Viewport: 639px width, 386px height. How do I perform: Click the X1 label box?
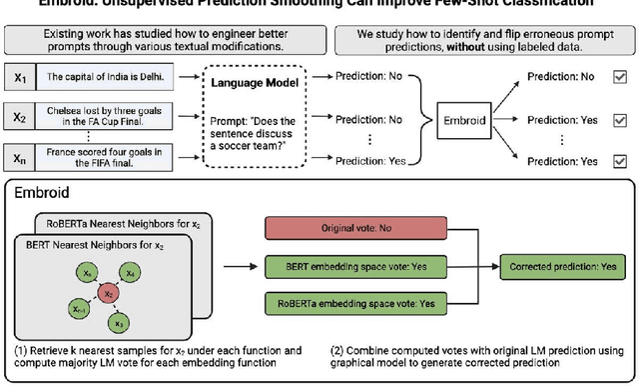tap(20, 76)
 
